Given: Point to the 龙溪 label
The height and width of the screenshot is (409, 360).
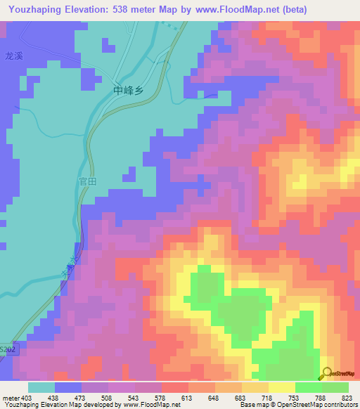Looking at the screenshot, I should tap(14, 56).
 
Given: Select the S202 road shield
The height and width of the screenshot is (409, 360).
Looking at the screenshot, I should tap(8, 347).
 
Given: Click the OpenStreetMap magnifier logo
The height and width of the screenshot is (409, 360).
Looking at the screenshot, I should tap(327, 373).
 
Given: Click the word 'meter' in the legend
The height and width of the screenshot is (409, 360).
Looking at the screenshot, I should tap(9, 397).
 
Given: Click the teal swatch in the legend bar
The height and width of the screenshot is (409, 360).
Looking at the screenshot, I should tap(41, 387).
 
